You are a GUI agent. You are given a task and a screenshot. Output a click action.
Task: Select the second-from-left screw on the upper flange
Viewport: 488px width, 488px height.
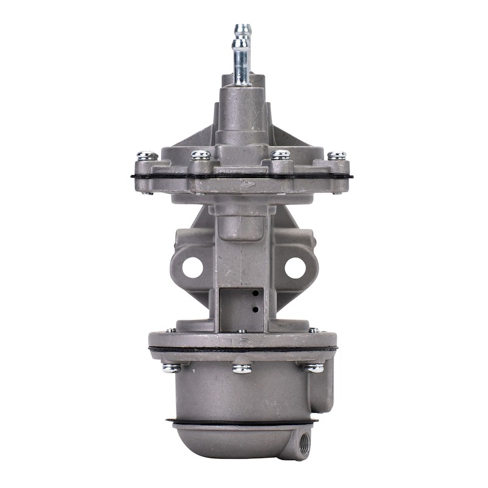[201, 155]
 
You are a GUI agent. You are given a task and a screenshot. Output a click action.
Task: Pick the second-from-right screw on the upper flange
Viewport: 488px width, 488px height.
[281, 154]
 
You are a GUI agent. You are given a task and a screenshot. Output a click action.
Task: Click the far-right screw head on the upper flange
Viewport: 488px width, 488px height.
[337, 156]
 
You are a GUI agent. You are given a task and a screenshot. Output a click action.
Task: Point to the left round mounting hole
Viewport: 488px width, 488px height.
[192, 267]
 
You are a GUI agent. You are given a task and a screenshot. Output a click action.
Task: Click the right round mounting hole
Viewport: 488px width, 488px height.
[295, 267]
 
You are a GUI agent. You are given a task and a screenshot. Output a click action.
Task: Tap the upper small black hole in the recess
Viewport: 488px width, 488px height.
[255, 294]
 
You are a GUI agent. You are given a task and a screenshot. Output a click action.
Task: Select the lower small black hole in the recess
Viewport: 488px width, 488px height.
[255, 309]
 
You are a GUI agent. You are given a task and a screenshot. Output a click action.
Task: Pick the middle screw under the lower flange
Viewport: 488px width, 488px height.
[242, 369]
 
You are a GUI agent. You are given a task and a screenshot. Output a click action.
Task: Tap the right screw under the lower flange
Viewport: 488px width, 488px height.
[315, 368]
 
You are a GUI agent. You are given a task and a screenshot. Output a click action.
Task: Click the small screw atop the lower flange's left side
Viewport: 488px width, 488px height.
[172, 330]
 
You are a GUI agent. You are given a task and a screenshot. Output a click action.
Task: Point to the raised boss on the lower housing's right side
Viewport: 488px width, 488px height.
[326, 387]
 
